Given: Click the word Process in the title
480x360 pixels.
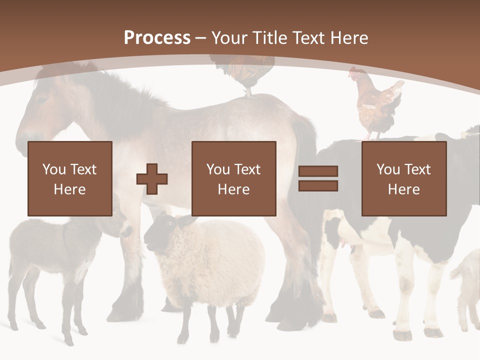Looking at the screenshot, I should (x=157, y=38).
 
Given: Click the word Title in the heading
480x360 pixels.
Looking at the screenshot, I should (x=271, y=38).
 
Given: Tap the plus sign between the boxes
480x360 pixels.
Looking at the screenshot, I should (x=152, y=179).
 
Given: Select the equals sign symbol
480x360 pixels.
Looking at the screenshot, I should (x=318, y=178).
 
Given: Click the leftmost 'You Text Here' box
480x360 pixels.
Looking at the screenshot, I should (x=69, y=178).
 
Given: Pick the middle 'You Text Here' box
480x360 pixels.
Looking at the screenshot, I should (x=233, y=178).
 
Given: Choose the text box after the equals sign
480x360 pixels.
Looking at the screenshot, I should (x=403, y=178).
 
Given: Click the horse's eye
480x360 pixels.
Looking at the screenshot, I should (x=41, y=98).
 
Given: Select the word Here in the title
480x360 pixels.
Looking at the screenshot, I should (x=348, y=38).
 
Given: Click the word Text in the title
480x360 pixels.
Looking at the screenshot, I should (x=308, y=38).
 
